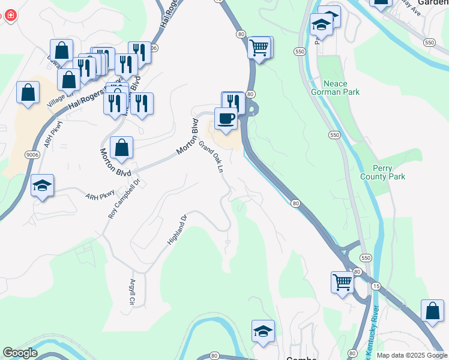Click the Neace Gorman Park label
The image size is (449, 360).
click(336, 88)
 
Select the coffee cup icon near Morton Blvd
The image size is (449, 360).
click(226, 119)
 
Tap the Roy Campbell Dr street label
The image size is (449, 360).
click(124, 197)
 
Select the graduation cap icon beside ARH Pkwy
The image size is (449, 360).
click(43, 185)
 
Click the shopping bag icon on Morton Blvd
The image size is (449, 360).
click(121, 148)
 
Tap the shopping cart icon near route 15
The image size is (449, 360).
click(342, 281)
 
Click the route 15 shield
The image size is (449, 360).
click(375, 286)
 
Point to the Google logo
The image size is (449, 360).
click(19, 353)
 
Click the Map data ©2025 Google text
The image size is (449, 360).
click(412, 355)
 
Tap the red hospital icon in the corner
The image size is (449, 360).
click(10, 15)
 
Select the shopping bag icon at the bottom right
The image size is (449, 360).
click(432, 311)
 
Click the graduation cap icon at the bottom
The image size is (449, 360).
click(263, 331)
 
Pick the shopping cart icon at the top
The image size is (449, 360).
click(259, 47)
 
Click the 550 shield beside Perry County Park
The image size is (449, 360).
click(334, 136)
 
